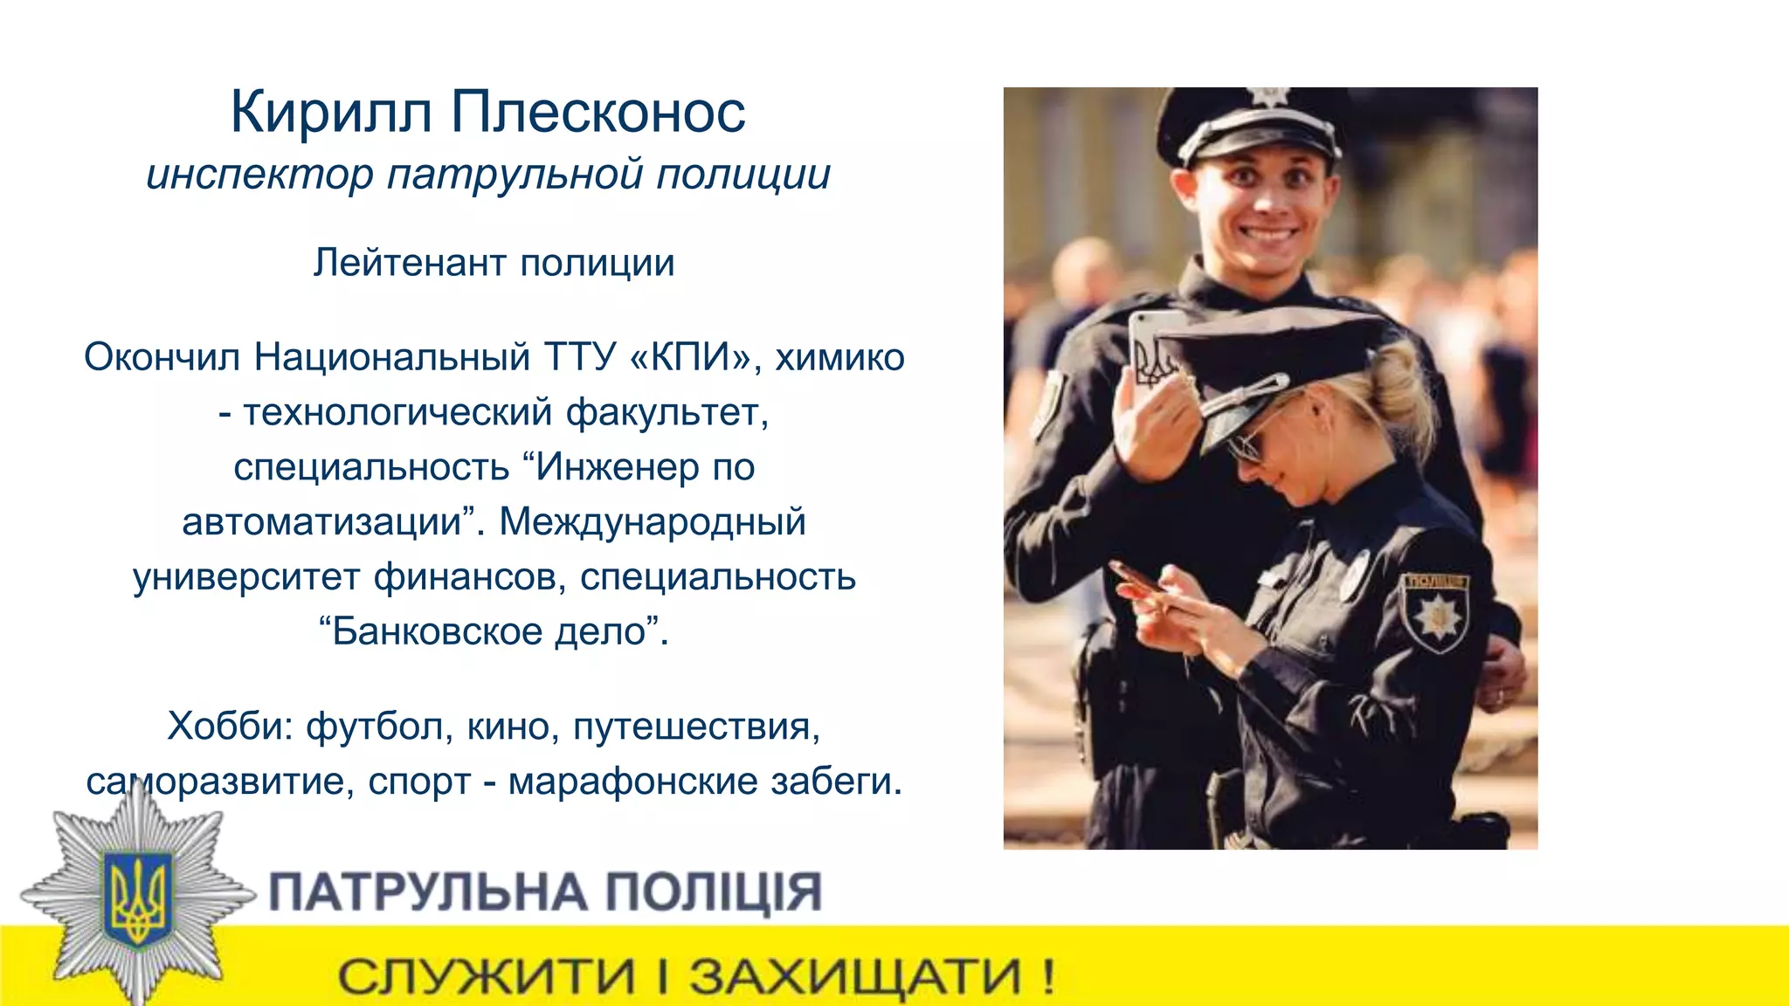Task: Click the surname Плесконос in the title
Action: tap(598, 114)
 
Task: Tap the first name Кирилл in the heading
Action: tap(331, 114)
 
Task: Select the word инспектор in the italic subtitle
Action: tap(259, 175)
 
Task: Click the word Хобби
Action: tap(230, 726)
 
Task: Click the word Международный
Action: tap(653, 522)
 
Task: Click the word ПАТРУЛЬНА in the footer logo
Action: tap(427, 892)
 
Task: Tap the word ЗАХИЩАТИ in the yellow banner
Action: tap(855, 977)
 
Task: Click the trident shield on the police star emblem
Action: tap(137, 897)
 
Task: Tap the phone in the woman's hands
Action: tap(1136, 579)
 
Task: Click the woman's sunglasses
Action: tap(1247, 445)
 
